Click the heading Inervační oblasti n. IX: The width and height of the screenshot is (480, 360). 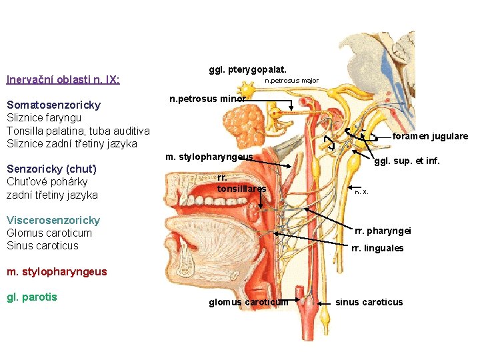click(63, 80)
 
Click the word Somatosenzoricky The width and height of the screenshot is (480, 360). click(53, 105)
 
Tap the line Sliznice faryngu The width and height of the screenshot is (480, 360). click(44, 118)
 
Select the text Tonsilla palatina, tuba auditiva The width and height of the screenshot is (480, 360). click(78, 131)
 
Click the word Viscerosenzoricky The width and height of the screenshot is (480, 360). click(53, 220)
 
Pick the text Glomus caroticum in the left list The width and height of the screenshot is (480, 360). click(49, 233)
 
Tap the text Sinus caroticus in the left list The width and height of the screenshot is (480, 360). click(43, 245)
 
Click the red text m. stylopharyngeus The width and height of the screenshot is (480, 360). click(47, 271)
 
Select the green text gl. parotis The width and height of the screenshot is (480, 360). click(32, 297)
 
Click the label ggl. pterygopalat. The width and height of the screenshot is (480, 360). click(248, 69)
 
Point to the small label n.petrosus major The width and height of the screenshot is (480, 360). click(292, 81)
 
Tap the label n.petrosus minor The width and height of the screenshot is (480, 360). click(208, 99)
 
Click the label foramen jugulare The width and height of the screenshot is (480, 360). click(430, 136)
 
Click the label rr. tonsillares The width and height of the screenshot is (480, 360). click(241, 183)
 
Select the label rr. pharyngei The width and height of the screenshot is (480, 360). click(383, 231)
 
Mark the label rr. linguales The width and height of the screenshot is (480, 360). click(379, 248)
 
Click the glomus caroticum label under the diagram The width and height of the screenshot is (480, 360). click(249, 302)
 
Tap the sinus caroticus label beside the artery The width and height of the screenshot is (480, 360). click(369, 302)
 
